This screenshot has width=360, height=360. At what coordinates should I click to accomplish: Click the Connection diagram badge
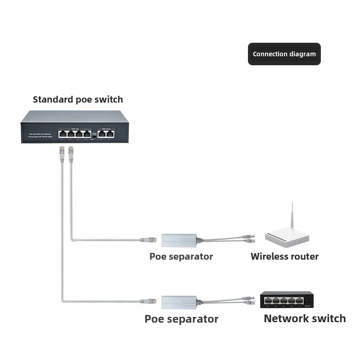284,54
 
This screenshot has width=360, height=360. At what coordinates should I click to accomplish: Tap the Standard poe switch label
78,99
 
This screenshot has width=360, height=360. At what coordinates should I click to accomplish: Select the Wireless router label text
284,256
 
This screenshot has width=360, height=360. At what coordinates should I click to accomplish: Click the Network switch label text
305,319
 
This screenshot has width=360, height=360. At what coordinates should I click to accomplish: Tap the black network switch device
287,300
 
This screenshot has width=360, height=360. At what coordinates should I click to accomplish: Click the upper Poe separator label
181,256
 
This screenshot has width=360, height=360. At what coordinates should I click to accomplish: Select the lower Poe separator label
181,319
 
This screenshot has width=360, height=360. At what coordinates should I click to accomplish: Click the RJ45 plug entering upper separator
148,240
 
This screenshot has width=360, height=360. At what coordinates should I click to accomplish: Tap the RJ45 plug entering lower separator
148,301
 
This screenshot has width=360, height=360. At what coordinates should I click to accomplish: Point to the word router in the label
305,256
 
